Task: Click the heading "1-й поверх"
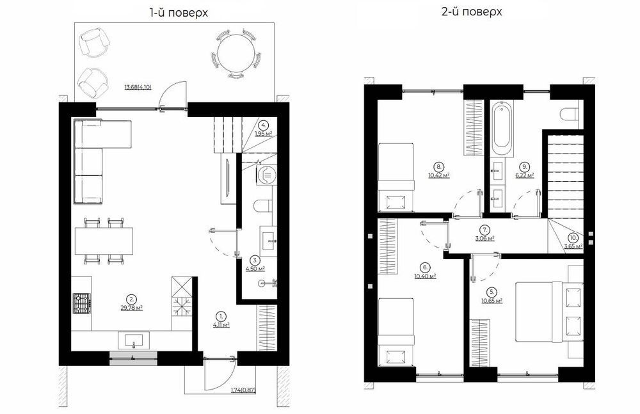[179, 13]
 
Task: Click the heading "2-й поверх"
[472, 12]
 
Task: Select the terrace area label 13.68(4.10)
[138, 87]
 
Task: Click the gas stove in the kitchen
[82, 303]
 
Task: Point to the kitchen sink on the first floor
[134, 340]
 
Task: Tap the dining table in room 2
[104, 241]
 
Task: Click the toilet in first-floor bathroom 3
[263, 207]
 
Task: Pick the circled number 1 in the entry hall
[221, 316]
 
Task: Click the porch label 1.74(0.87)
[243, 390]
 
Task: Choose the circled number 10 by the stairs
[573, 237]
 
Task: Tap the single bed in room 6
[396, 332]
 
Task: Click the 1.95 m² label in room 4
[264, 133]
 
